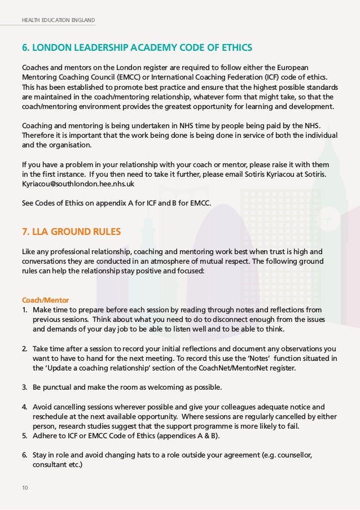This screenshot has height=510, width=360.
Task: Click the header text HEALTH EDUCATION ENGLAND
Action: point(59,21)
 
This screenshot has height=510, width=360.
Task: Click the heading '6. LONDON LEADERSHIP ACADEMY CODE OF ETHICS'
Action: point(137,46)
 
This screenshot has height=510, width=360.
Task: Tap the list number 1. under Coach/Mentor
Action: point(25,310)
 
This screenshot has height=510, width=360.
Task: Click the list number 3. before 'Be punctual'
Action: point(25,387)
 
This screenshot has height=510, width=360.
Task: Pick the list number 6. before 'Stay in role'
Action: point(25,455)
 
